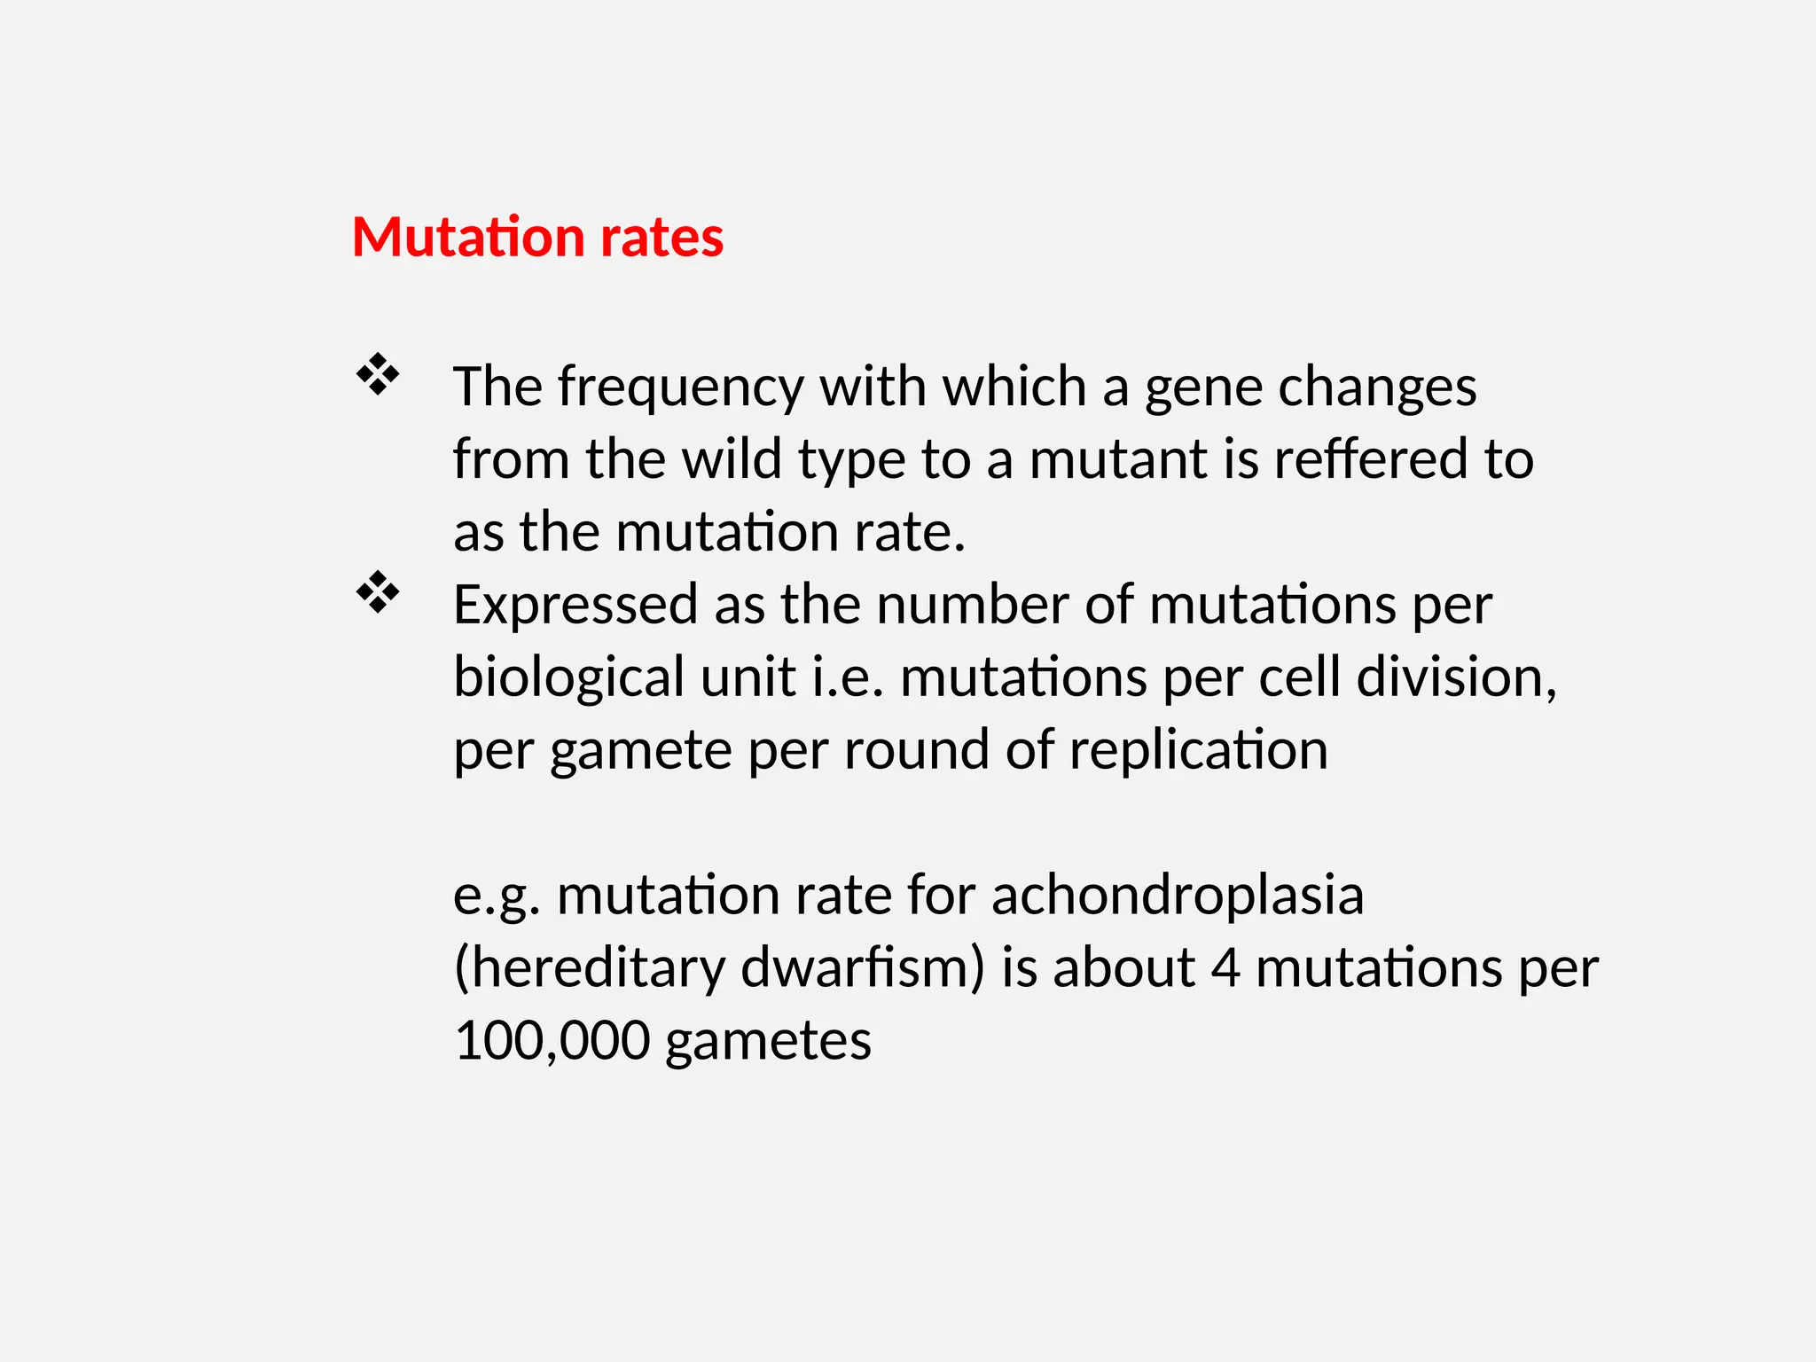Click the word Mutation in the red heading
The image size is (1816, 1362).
click(x=469, y=238)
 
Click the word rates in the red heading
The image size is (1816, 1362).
click(x=661, y=238)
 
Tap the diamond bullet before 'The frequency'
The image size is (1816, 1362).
click(x=378, y=374)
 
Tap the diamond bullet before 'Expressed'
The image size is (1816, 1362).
click(x=378, y=592)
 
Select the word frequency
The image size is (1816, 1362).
click(x=680, y=388)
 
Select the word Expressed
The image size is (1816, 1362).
click(x=575, y=607)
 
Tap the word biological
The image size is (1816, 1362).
click(x=568, y=679)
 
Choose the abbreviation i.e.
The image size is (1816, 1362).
click(x=848, y=677)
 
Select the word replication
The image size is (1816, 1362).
click(x=1198, y=752)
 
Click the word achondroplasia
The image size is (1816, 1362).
click(x=1177, y=896)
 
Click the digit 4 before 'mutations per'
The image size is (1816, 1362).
click(x=1225, y=968)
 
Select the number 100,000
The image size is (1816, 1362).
click(x=552, y=1041)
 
